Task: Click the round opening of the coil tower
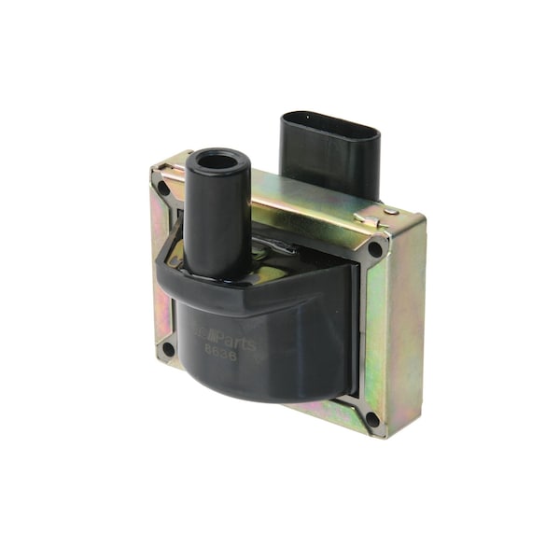point(217,161)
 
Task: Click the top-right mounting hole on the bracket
point(375,249)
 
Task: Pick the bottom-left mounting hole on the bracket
point(168,350)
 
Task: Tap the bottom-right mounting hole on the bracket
point(373,419)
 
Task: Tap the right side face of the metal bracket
point(406,327)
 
